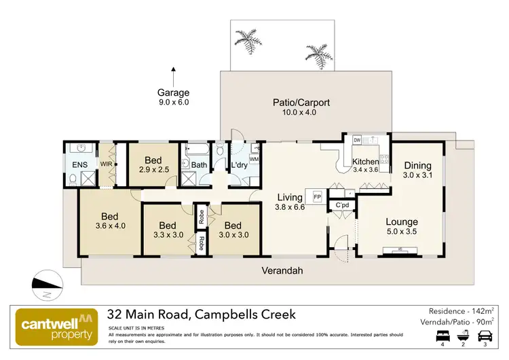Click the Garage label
[173, 93]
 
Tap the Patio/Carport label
[301, 103]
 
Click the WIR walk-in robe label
[106, 164]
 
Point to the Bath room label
[199, 165]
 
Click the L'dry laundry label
[239, 165]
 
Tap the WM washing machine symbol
[254, 159]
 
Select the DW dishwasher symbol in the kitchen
[357, 140]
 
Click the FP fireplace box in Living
[316, 197]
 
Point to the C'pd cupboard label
[342, 205]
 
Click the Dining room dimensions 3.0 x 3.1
[417, 176]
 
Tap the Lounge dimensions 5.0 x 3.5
[402, 232]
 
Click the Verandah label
[282, 270]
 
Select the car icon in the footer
[485, 336]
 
